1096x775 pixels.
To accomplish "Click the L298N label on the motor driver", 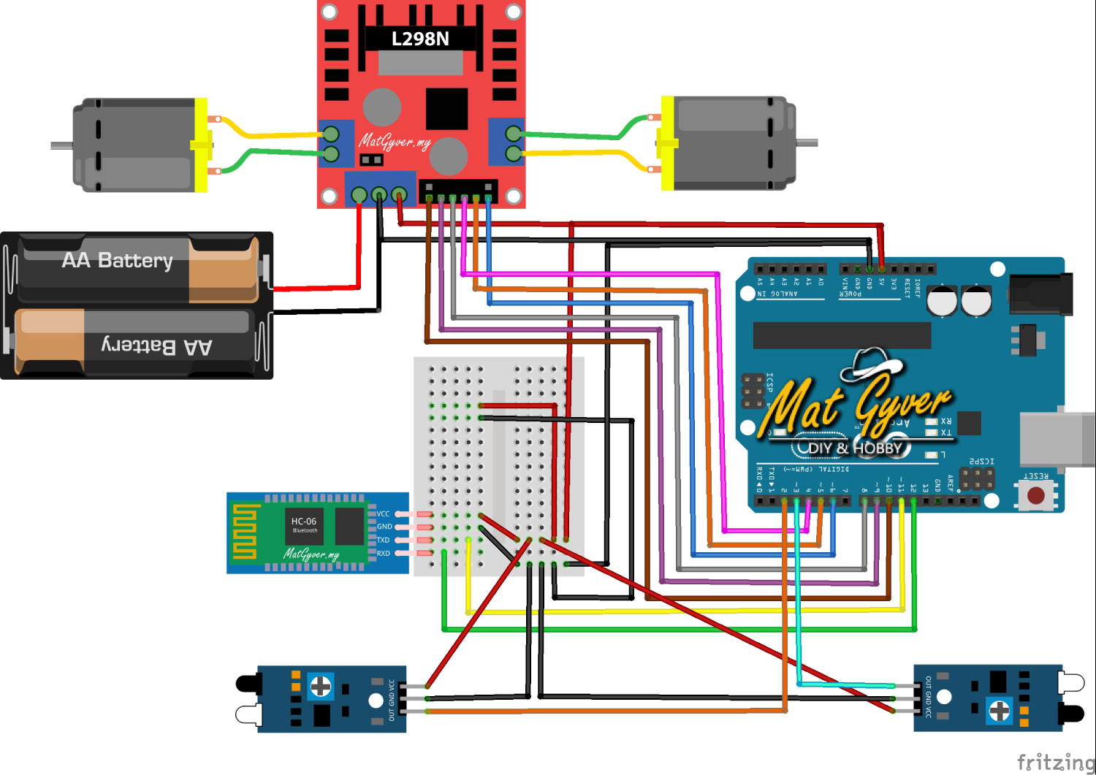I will click(420, 39).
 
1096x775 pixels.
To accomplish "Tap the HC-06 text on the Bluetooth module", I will click(304, 521).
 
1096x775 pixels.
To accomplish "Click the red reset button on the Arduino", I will click(1035, 496).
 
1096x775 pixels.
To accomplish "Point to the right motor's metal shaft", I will click(807, 142).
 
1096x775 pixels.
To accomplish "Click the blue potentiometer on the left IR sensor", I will click(320, 686).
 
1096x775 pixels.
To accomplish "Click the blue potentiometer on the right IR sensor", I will click(999, 709).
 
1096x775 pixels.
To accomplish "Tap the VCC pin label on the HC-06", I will click(383, 514).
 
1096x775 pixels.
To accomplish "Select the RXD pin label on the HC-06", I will click(383, 554).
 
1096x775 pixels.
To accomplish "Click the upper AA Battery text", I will click(118, 261).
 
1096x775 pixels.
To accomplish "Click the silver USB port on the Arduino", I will click(1057, 438).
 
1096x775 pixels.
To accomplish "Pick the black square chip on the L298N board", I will click(446, 109).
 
